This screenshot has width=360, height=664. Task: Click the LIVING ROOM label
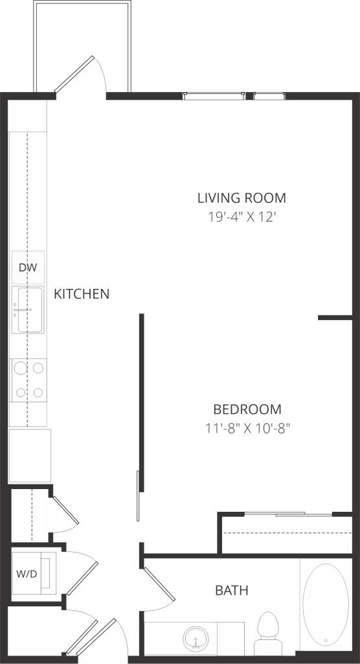coord(242,198)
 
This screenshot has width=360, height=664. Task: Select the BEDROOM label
coord(247,409)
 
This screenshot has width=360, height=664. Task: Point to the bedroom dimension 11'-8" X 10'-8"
coord(247,428)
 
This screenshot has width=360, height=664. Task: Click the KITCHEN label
coord(81,294)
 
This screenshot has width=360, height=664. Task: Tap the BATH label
coord(231,590)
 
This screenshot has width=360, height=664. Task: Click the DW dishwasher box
coord(27,268)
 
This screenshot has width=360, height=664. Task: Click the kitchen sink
coord(27,310)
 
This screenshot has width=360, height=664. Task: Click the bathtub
coord(326,605)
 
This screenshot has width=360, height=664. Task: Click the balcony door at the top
coord(78,75)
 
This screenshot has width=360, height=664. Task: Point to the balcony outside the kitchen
coord(83,39)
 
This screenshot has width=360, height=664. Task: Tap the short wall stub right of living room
coord(335,318)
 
